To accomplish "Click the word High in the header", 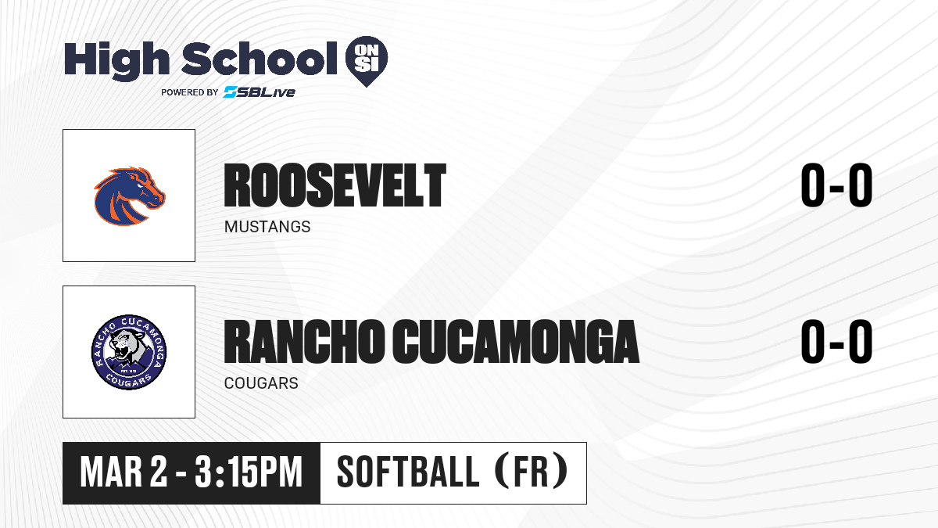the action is pos(116,60).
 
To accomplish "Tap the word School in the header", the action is pos(260,59).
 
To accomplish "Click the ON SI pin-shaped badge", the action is pos(367,61).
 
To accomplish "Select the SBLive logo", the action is pos(260,92).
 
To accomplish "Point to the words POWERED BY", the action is pos(190,92).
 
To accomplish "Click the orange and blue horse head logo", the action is pos(130,196).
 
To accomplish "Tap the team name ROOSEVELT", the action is pos(335,185).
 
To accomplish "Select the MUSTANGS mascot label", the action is pos(267,227).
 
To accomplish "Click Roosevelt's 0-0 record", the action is pos(836,185).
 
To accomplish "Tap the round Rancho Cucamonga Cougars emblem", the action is pos(129,352).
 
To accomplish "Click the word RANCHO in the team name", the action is pos(304,341).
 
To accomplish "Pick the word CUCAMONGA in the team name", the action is pos(516,341).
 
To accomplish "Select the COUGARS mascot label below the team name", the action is pos(261,383).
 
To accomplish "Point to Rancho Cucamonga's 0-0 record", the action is pos(836,341).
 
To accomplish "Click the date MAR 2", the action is pos(124,472).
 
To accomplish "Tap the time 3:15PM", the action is pos(249,472).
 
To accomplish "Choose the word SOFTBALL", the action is pos(408,472).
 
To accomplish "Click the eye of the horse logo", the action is pos(139,185).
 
